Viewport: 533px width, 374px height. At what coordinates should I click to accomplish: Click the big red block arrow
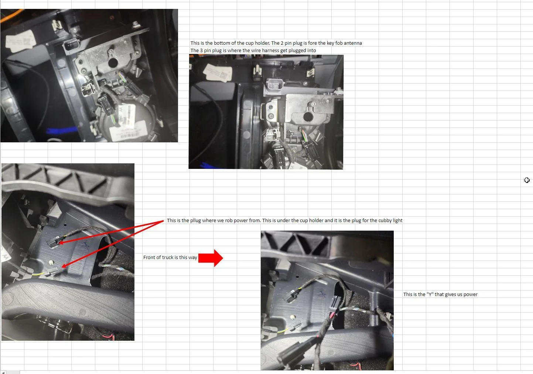click(x=211, y=258)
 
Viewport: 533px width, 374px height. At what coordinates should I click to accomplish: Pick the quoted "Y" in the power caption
click(x=430, y=295)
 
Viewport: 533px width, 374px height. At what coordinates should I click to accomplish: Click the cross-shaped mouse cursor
click(x=527, y=180)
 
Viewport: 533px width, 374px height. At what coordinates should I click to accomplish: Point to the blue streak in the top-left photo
click(x=61, y=130)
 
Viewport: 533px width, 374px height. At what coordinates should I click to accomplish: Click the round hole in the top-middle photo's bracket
click(x=308, y=118)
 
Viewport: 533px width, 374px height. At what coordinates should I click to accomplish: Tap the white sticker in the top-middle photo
click(x=218, y=73)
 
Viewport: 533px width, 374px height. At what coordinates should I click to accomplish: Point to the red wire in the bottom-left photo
click(x=108, y=336)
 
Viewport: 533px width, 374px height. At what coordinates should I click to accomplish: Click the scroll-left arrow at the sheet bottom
click(x=3, y=372)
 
